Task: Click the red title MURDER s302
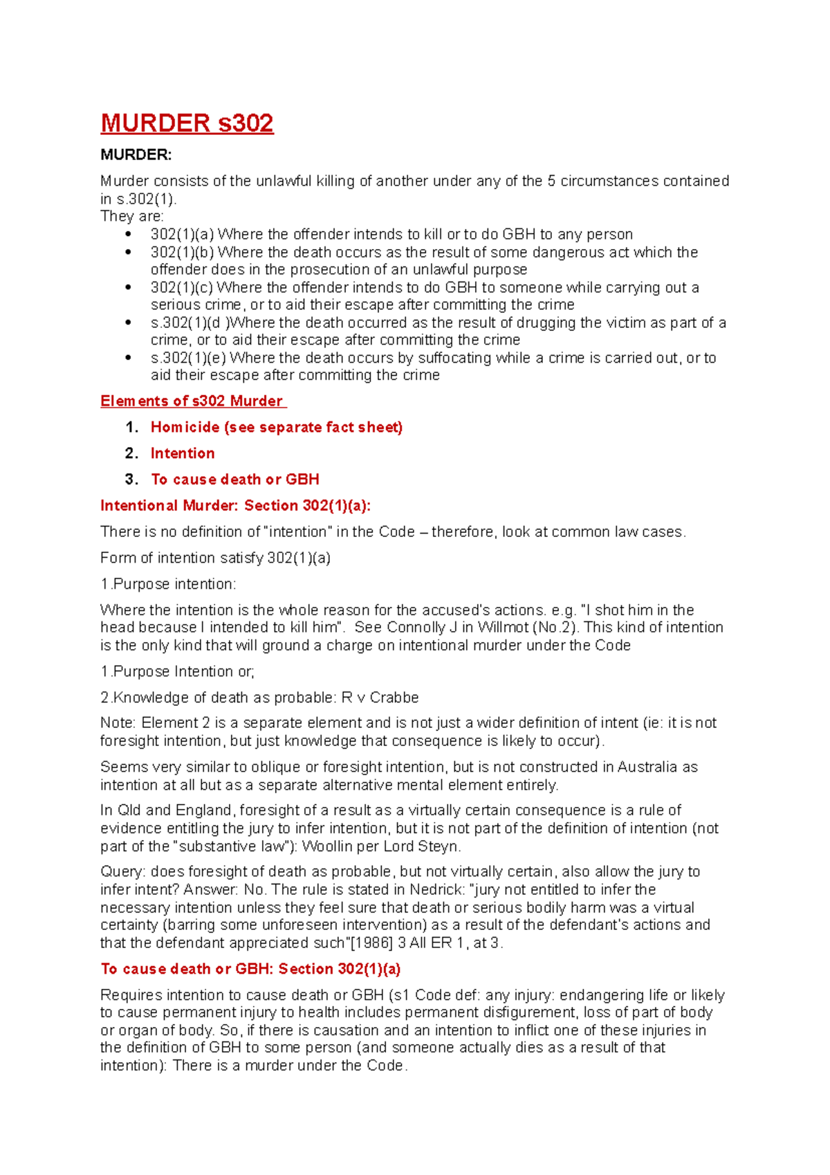(187, 123)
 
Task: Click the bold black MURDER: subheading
(136, 155)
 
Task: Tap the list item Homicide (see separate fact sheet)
(276, 428)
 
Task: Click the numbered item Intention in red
(183, 453)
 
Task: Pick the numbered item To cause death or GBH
(235, 480)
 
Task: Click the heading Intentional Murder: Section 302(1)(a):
(235, 506)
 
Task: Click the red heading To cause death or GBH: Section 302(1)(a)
(250, 969)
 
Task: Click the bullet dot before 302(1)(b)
(128, 253)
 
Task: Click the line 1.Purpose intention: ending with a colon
(168, 585)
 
